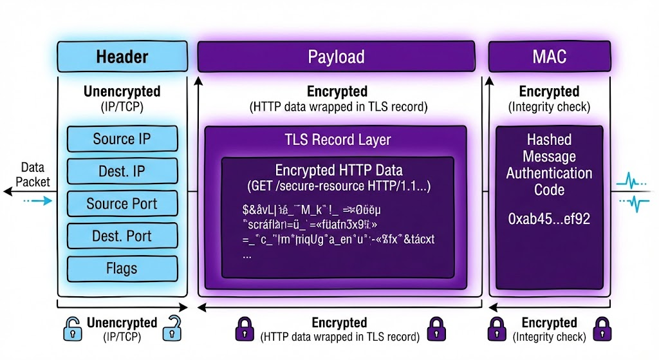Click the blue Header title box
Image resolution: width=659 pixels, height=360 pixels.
point(122,56)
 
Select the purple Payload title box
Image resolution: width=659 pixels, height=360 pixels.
point(336,56)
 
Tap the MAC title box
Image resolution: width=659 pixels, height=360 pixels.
point(549,56)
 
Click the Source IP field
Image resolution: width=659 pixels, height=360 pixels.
point(122,139)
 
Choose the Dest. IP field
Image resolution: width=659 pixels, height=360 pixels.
point(122,171)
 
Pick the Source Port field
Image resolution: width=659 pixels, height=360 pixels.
point(122,204)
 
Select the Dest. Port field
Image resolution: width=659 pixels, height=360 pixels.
point(122,236)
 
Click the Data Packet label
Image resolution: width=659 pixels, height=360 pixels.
point(32,175)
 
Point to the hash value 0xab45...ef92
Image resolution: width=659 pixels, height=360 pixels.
point(549,219)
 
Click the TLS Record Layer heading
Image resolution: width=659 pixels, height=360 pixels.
point(337,140)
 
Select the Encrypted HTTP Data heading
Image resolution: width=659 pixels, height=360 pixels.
point(339,171)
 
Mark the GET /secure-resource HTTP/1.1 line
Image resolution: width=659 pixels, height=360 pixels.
point(339,187)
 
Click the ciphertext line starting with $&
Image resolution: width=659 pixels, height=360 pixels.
point(311,209)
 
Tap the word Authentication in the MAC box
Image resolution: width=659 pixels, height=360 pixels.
point(549,173)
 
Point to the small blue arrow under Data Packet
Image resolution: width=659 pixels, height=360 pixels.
point(40,201)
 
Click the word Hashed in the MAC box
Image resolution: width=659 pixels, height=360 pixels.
point(549,140)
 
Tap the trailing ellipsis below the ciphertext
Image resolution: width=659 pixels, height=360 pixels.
point(246,254)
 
